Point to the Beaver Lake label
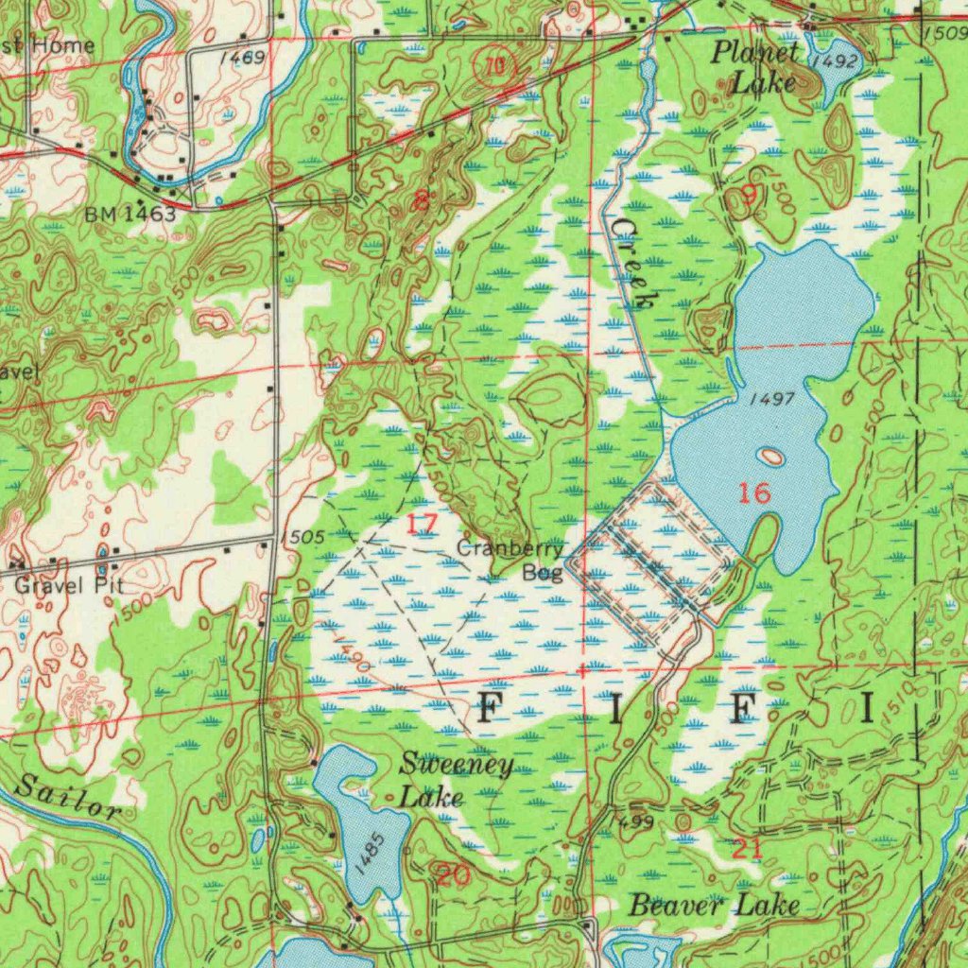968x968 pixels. point(715,906)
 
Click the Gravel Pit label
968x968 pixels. point(69,586)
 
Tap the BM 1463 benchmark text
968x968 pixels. point(130,215)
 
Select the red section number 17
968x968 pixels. point(421,523)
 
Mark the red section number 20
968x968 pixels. point(454,875)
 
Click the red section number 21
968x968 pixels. point(747,849)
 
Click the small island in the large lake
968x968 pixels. point(772,458)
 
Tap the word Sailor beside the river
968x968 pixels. point(68,797)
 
